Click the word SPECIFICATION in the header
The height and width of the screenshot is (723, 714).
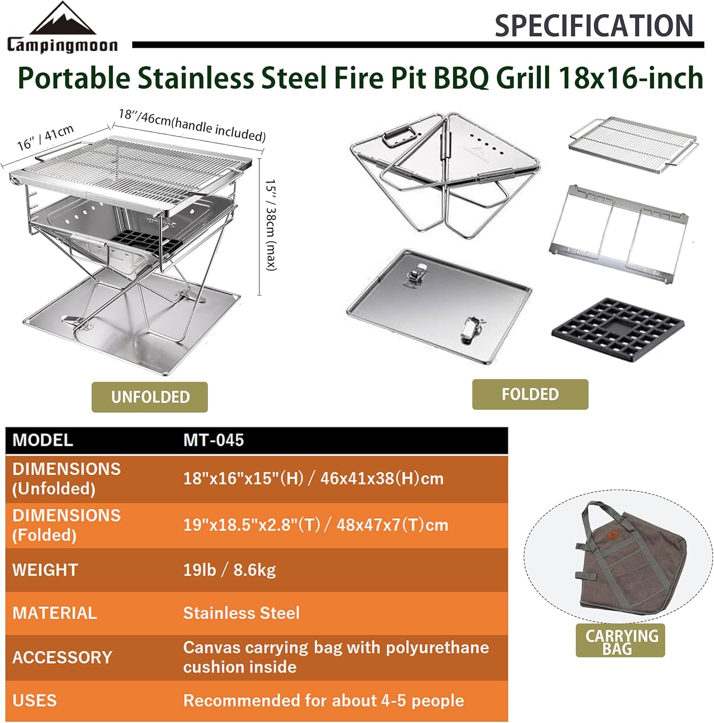tap(593, 26)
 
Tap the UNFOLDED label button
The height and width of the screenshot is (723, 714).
tap(150, 397)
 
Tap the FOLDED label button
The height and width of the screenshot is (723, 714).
tap(530, 394)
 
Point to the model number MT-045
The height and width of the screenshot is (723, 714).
tap(214, 440)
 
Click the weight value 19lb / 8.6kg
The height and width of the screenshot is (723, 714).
tap(229, 570)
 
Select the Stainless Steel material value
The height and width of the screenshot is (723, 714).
tap(241, 613)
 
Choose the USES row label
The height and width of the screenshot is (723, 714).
tap(35, 700)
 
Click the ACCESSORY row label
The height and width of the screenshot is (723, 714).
tap(62, 657)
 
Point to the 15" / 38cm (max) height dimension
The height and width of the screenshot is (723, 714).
tap(271, 225)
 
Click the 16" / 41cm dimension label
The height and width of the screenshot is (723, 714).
tap(45, 137)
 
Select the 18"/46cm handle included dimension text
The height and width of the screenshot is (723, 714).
tap(192, 125)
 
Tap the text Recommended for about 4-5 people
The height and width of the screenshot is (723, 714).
tap(323, 700)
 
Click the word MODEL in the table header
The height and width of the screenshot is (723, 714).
tap(43, 440)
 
